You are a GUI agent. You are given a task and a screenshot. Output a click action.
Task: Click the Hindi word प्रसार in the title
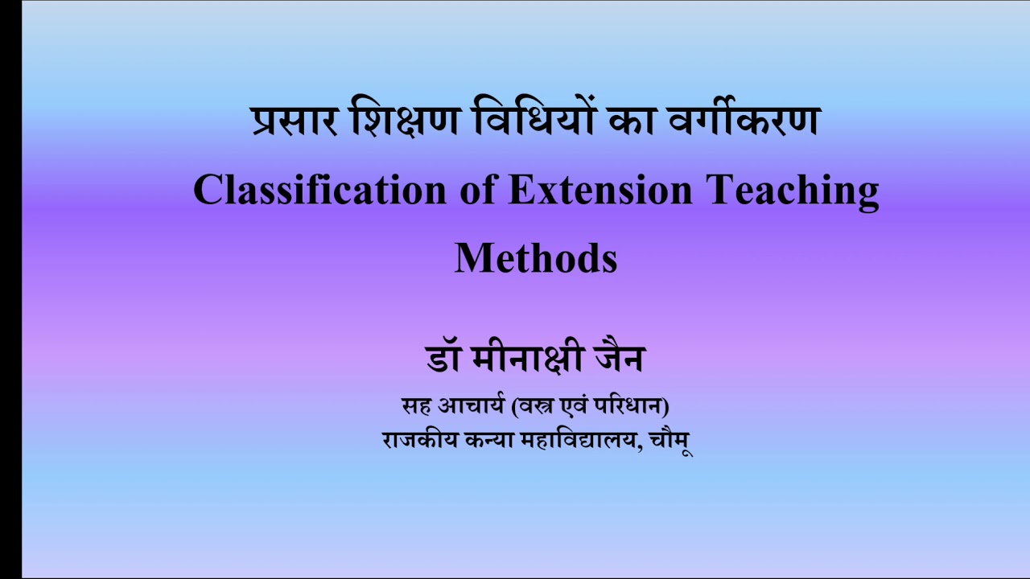click(295, 121)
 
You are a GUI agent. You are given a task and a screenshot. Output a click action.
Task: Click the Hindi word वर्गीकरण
click(742, 121)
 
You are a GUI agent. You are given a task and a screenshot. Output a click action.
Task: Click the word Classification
click(319, 191)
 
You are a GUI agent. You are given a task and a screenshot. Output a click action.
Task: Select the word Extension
click(600, 191)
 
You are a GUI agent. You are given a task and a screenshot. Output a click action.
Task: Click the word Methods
click(536, 259)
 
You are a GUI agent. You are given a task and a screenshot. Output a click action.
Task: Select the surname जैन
click(620, 359)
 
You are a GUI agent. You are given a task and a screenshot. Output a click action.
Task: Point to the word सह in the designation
click(415, 407)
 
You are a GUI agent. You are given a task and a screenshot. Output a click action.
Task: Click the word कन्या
click(489, 441)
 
